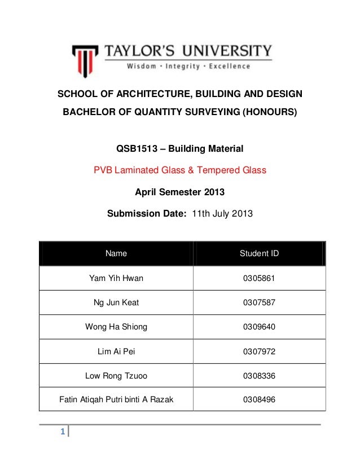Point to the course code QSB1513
[135, 150]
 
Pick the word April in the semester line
[146, 192]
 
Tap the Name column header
[116, 253]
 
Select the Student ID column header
[259, 253]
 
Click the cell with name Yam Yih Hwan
[116, 278]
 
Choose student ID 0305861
[259, 278]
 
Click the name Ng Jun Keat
[116, 302]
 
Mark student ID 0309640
[259, 327]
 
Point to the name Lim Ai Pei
[116, 351]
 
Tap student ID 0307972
[259, 351]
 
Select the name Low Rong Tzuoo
[116, 375]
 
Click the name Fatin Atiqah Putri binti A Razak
[116, 400]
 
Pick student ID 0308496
[259, 400]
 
